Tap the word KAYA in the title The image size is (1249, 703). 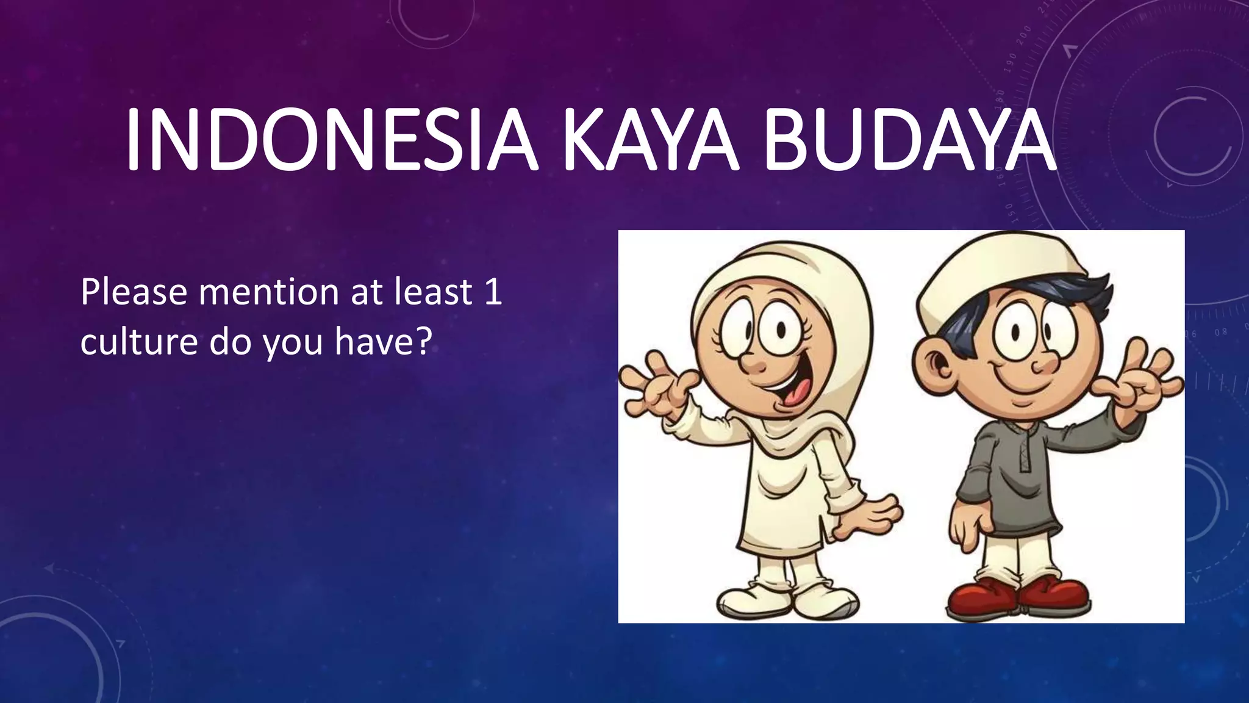[x=651, y=142]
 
